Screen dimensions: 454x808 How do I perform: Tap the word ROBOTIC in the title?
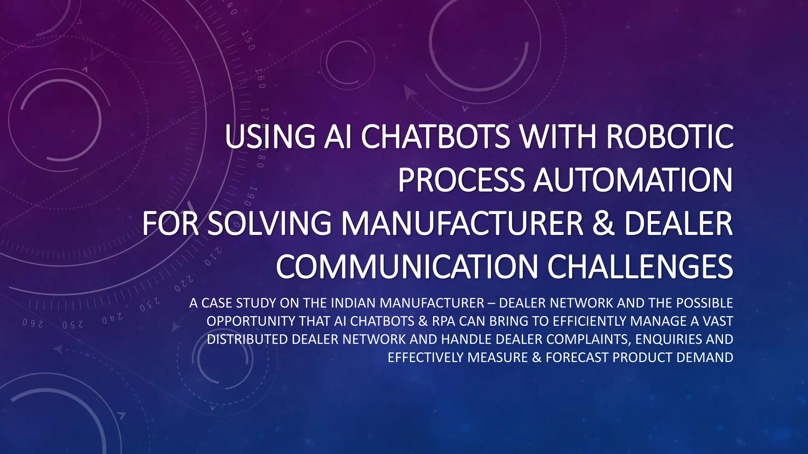coord(670,136)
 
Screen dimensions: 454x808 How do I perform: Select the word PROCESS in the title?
coord(461,180)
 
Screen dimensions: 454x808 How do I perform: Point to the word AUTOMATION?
coord(633,180)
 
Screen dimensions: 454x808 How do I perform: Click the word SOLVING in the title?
coord(269,223)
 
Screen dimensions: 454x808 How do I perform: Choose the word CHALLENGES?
coord(640,267)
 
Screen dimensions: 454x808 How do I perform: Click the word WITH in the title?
coord(557,136)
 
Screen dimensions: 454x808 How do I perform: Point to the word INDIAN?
coord(353,303)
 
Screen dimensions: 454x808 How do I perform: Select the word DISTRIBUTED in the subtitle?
coord(247,339)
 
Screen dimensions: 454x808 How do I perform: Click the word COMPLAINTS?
coord(588,339)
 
